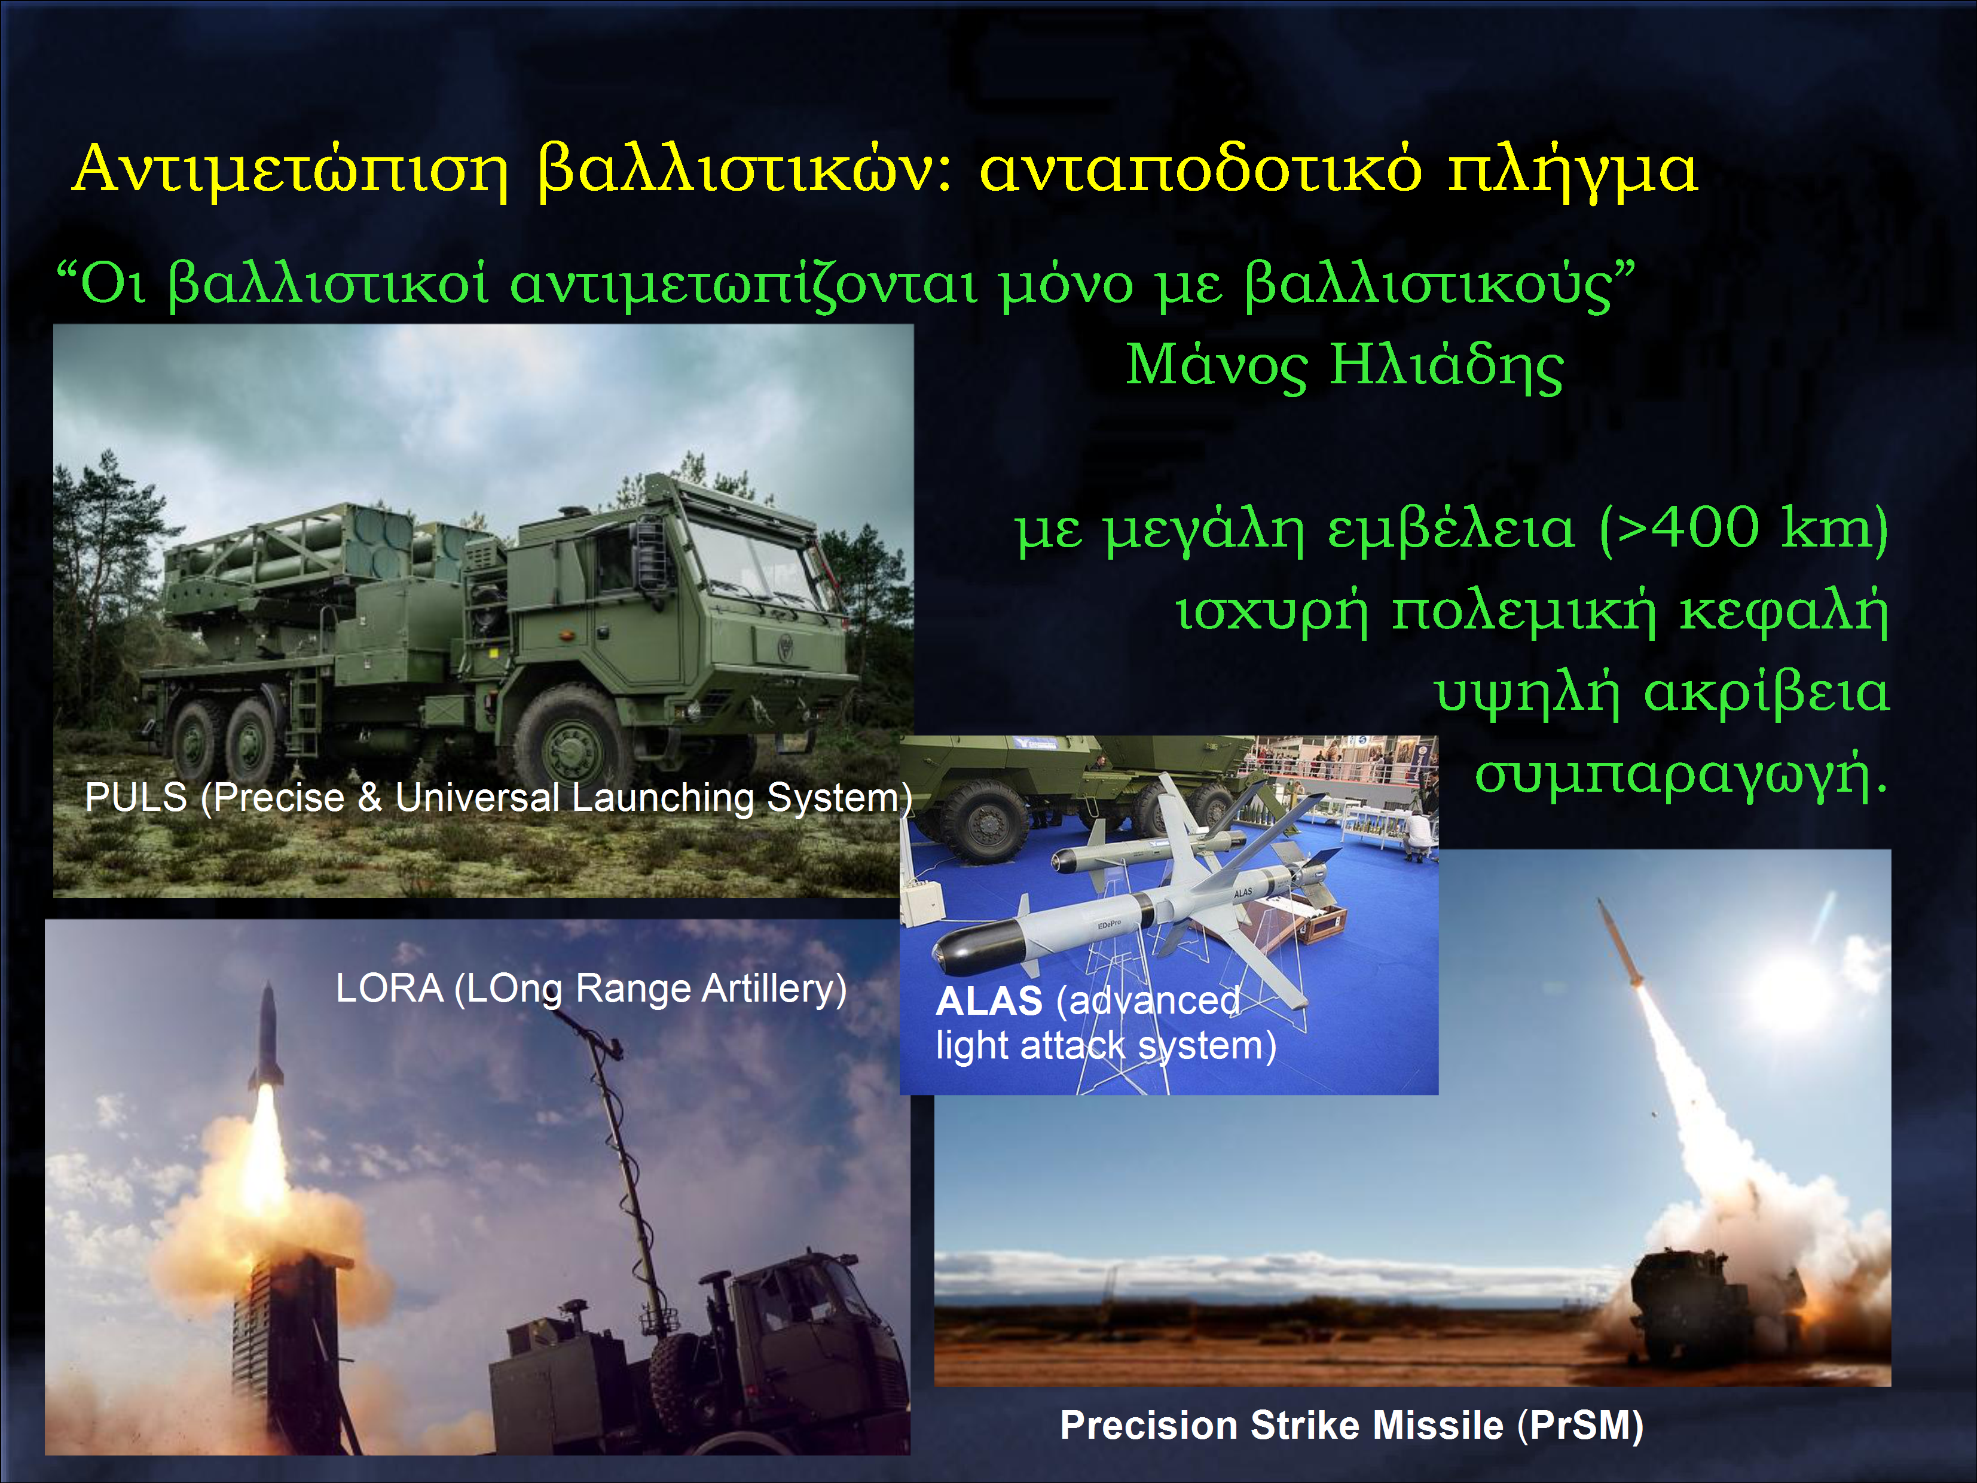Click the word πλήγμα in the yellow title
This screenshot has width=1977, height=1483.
click(1572, 170)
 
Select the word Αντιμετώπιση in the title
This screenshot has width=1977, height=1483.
click(291, 170)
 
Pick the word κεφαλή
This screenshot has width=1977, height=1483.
click(1784, 612)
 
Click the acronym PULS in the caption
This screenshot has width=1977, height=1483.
click(136, 797)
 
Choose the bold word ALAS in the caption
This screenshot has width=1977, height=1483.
click(989, 1001)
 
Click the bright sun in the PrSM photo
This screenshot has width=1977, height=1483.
click(1792, 988)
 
